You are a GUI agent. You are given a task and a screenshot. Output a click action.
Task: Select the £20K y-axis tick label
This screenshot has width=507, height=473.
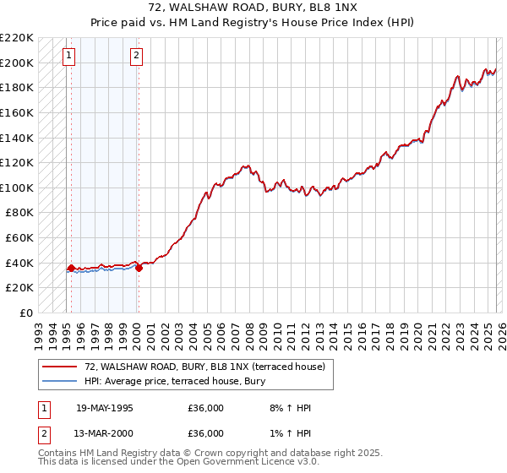(x=19, y=288)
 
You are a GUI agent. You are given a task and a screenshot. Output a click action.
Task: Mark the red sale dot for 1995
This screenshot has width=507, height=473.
(x=71, y=268)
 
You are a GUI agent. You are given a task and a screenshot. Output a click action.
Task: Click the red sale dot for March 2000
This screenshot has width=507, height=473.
(x=139, y=268)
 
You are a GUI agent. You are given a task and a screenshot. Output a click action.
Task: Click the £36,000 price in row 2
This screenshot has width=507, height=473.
(x=205, y=433)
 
